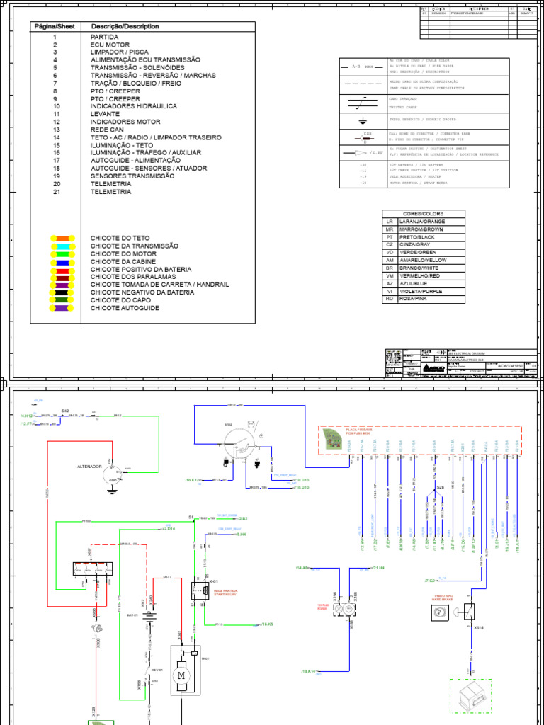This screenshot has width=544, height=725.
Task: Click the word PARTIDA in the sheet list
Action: (105, 37)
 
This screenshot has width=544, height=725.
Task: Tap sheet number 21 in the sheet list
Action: (54, 192)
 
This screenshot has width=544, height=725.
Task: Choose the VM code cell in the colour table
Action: (389, 276)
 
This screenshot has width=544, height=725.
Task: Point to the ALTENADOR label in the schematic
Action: (89, 467)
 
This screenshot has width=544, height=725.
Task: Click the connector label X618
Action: (478, 627)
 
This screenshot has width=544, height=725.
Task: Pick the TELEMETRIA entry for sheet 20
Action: (110, 184)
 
